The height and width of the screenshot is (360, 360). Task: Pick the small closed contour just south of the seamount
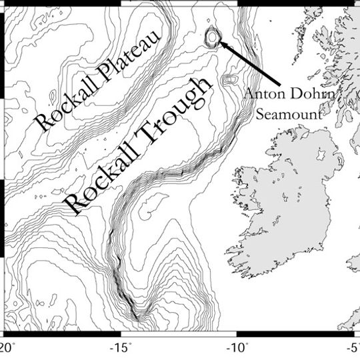coord(230,79)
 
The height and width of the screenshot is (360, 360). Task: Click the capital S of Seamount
coord(262,114)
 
